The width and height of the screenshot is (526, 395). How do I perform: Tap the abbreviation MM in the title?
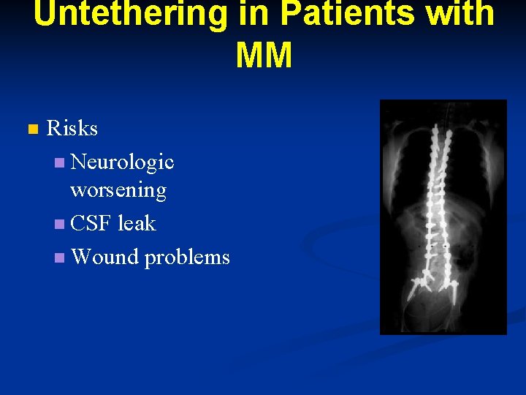(264, 56)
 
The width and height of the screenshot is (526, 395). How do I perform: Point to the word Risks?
(72, 129)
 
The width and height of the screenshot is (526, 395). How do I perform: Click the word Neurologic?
(122, 162)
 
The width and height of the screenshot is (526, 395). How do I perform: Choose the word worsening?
(118, 190)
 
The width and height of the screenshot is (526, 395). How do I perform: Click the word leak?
(137, 223)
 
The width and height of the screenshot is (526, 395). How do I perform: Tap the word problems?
(187, 257)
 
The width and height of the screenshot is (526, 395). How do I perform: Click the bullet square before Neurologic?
(59, 162)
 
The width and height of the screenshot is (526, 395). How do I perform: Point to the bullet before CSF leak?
(59, 224)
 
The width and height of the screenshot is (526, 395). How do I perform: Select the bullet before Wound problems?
(59, 257)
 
